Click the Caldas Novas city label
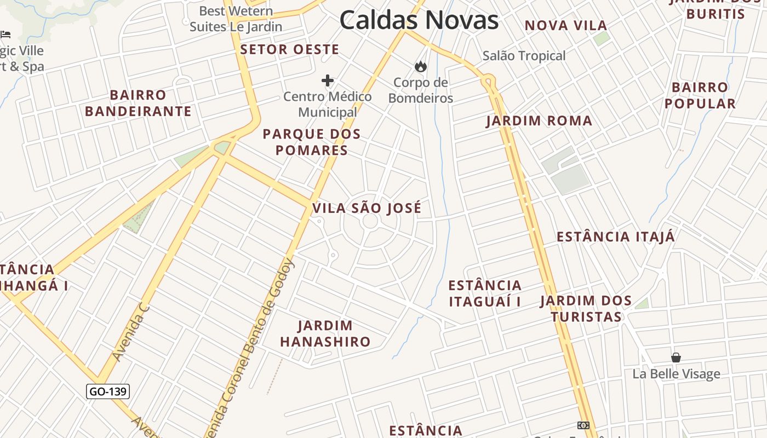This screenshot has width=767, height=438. pyautogui.click(x=419, y=20)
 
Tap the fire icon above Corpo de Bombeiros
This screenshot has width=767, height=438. pyautogui.click(x=420, y=67)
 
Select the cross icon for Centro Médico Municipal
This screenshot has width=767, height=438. pyautogui.click(x=328, y=81)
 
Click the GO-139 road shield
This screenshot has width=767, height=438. pyautogui.click(x=108, y=391)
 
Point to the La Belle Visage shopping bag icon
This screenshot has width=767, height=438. pyautogui.click(x=676, y=358)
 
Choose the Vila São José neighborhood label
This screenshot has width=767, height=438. pyautogui.click(x=367, y=208)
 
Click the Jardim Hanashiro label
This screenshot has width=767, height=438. pyautogui.click(x=325, y=334)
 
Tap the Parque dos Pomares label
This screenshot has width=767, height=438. pyautogui.click(x=312, y=142)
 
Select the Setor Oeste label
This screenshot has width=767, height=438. pyautogui.click(x=290, y=49)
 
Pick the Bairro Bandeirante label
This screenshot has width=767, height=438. pyautogui.click(x=138, y=103)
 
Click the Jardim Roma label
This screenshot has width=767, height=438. pyautogui.click(x=539, y=121)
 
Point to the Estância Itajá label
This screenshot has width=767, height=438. pyautogui.click(x=616, y=237)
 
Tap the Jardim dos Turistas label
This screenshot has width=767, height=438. pyautogui.click(x=586, y=309)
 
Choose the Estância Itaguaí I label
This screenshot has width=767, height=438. pyautogui.click(x=485, y=293)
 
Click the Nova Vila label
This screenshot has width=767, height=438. pyautogui.click(x=566, y=25)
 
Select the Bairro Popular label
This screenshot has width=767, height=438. pyautogui.click(x=700, y=95)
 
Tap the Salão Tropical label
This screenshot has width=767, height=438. pyautogui.click(x=524, y=56)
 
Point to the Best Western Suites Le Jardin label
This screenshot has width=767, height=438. pyautogui.click(x=236, y=19)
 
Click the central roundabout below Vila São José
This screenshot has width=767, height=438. pyautogui.click(x=370, y=221)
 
